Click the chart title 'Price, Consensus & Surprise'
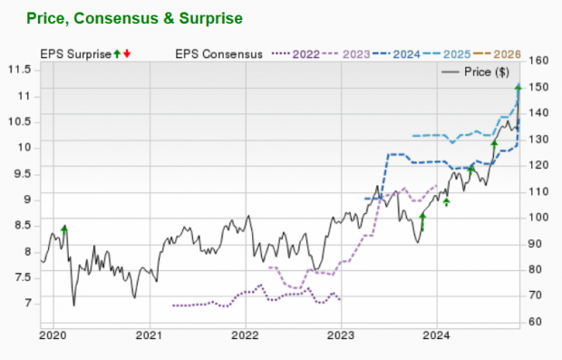click(x=135, y=17)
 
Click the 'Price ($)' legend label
click(x=488, y=72)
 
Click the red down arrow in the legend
click(x=127, y=54)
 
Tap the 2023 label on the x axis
click(x=341, y=336)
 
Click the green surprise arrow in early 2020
click(x=63, y=229)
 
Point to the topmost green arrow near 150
click(x=518, y=88)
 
